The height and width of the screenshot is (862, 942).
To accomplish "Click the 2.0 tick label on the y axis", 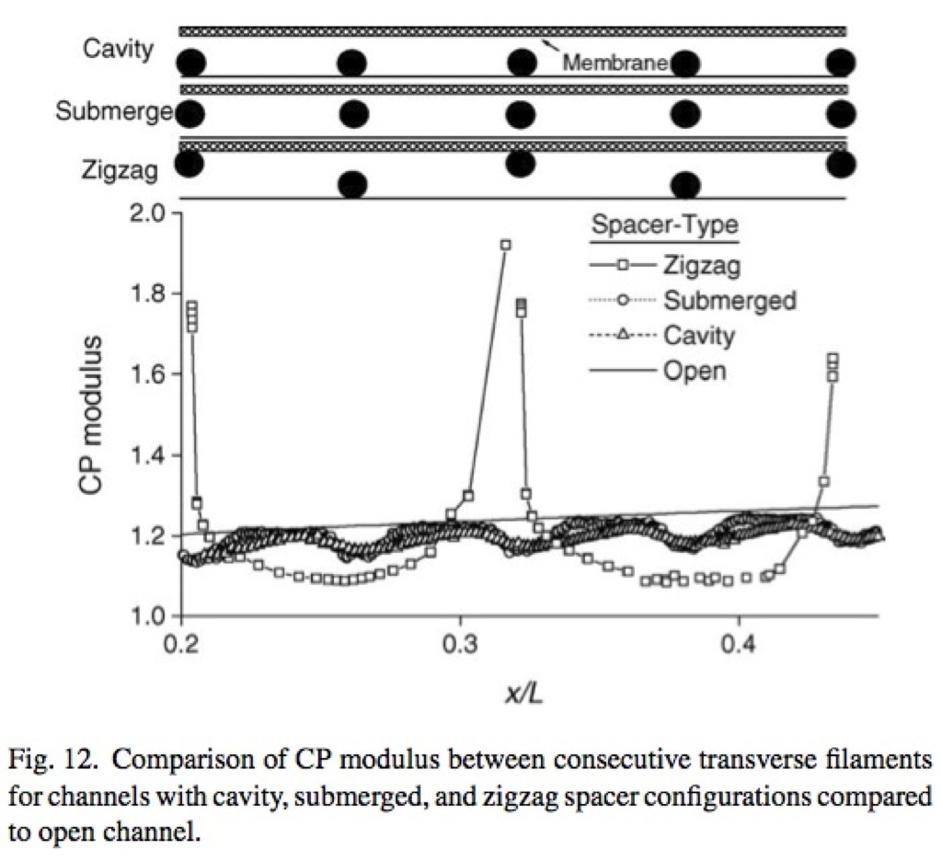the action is pos(147,213).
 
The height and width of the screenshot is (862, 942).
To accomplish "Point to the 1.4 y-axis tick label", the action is pos(147,455).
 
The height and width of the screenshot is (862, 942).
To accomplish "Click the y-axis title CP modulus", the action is pos(90,415).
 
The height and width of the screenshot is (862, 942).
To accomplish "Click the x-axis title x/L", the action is pos(524,694).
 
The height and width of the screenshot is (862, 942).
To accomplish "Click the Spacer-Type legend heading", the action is pos(664,224).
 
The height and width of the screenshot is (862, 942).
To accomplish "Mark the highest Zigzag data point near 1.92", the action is pos(506,245).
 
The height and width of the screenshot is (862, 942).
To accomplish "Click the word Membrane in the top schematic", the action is pos(615,62).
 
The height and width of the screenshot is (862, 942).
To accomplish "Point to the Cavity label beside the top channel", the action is pos(119,48).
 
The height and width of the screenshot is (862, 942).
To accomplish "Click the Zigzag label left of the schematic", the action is pos(121,170).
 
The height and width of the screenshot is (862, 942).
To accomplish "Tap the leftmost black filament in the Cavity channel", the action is pos(191,63).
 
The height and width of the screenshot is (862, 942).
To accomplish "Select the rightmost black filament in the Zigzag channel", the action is pos(841,164).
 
